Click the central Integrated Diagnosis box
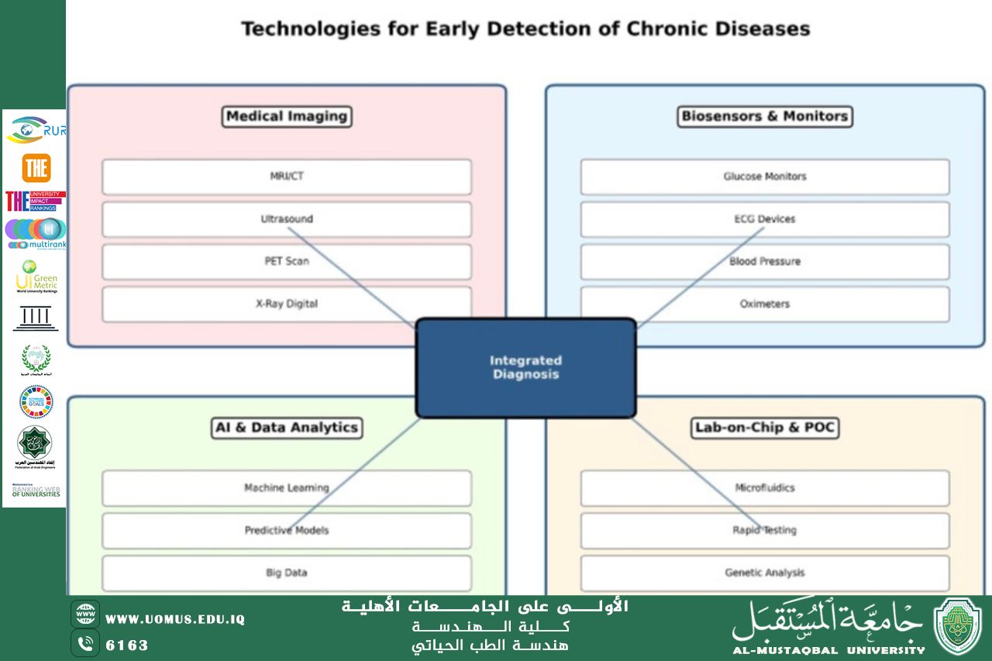(525, 368)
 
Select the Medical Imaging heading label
(287, 116)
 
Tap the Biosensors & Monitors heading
(765, 116)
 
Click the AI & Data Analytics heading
(287, 428)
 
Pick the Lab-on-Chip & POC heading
(765, 428)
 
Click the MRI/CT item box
(287, 177)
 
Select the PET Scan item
(287, 262)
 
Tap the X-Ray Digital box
(287, 305)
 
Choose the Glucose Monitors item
(765, 177)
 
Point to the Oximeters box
(765, 305)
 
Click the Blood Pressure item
(765, 262)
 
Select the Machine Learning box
(287, 488)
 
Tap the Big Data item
(287, 573)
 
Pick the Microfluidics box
(765, 488)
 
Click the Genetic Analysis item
(765, 573)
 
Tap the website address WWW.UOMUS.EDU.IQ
(175, 619)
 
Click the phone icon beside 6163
(85, 643)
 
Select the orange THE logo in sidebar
(36, 168)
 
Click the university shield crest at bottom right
(958, 627)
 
